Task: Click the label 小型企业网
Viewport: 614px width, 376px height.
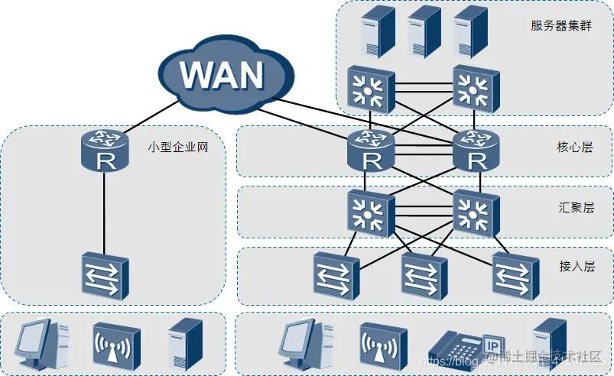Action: click(177, 147)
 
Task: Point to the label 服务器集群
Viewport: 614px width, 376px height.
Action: click(560, 24)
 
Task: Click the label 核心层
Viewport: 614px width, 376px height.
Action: click(575, 147)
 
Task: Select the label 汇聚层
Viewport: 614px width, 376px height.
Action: click(575, 207)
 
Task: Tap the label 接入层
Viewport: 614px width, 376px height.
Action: click(575, 266)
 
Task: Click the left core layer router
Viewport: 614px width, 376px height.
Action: click(372, 150)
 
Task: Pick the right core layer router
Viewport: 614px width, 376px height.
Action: click(476, 150)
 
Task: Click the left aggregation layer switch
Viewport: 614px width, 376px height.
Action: click(372, 211)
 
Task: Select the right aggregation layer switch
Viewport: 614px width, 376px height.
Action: click(476, 211)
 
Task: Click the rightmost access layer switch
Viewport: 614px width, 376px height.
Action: click(515, 274)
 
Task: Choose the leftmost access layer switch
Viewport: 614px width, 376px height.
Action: click(335, 274)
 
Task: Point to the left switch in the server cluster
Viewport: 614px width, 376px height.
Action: click(372, 88)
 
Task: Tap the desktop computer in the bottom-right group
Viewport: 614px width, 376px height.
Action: click(304, 344)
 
